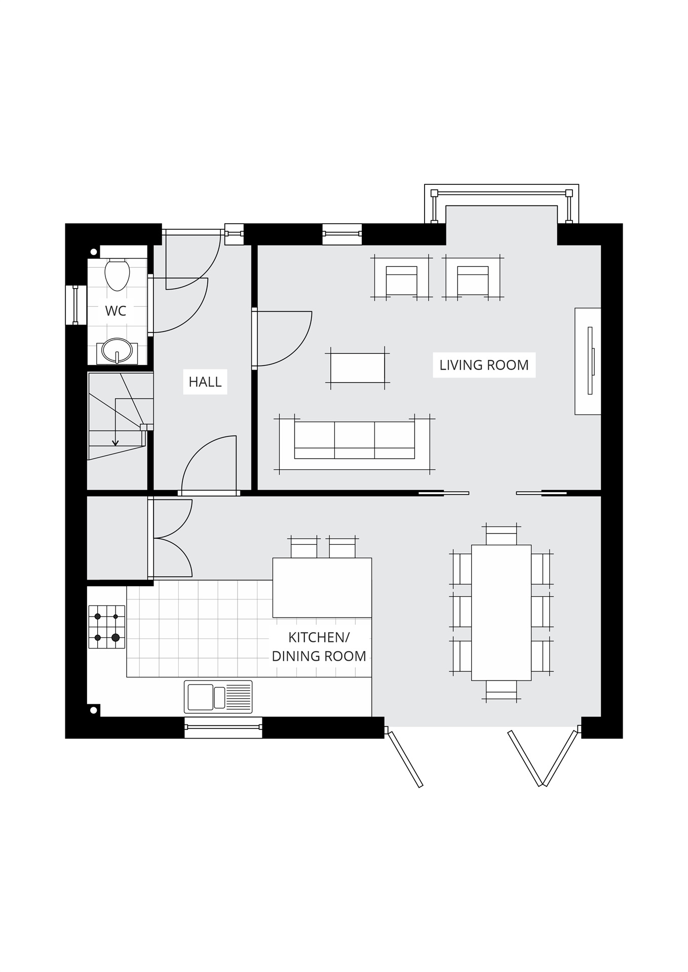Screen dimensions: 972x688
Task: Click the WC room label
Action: [x=116, y=311]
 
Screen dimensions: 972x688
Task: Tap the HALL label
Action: [x=205, y=382]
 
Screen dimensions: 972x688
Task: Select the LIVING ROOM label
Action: [x=484, y=365]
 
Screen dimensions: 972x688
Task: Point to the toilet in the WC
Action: [x=117, y=275]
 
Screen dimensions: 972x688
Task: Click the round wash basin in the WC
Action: [x=117, y=350]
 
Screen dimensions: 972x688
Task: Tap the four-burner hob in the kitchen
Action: [x=107, y=627]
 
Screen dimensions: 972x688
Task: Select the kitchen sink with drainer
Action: [x=218, y=697]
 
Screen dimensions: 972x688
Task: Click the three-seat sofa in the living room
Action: [x=354, y=440]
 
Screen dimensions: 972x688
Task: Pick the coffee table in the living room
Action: [x=358, y=368]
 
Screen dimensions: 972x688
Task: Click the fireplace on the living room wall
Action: [x=589, y=360]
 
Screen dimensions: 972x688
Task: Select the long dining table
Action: [x=501, y=613]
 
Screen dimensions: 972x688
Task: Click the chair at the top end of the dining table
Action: [x=501, y=535]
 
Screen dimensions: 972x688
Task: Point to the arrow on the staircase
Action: [x=116, y=442]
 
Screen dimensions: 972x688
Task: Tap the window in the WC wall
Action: [x=75, y=305]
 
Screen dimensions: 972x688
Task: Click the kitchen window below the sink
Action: [x=223, y=727]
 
